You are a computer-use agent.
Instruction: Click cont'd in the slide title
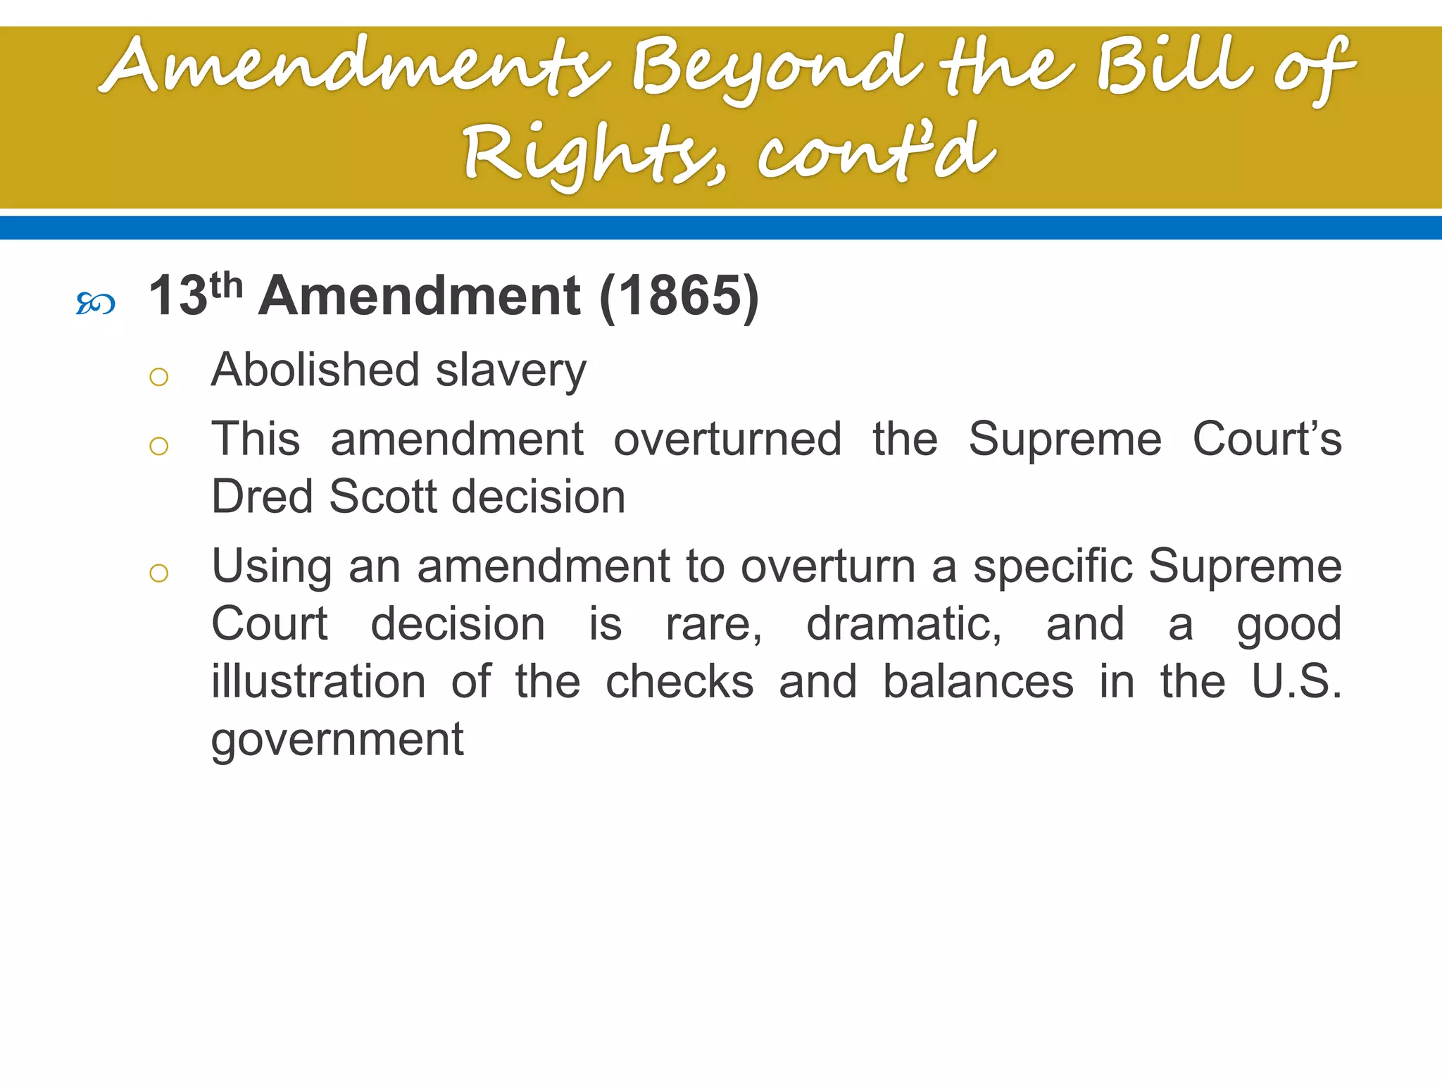pyautogui.click(x=877, y=151)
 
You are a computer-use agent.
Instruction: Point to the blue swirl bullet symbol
pyautogui.click(x=95, y=304)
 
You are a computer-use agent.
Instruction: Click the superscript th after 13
pyautogui.click(x=226, y=285)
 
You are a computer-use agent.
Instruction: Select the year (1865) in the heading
pyautogui.click(x=679, y=297)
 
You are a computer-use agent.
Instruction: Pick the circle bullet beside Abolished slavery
pyautogui.click(x=159, y=378)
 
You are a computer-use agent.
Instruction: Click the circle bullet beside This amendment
pyautogui.click(x=159, y=446)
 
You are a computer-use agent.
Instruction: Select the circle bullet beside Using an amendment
pyautogui.click(x=159, y=573)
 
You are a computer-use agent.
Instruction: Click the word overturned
pyautogui.click(x=727, y=439)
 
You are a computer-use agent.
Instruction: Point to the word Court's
pyautogui.click(x=1267, y=439)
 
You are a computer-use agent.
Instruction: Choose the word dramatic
pyautogui.click(x=903, y=625)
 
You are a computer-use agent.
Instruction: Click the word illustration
pyautogui.click(x=318, y=682)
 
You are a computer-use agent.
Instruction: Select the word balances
pyautogui.click(x=978, y=682)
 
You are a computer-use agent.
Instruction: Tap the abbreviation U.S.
pyautogui.click(x=1296, y=681)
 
